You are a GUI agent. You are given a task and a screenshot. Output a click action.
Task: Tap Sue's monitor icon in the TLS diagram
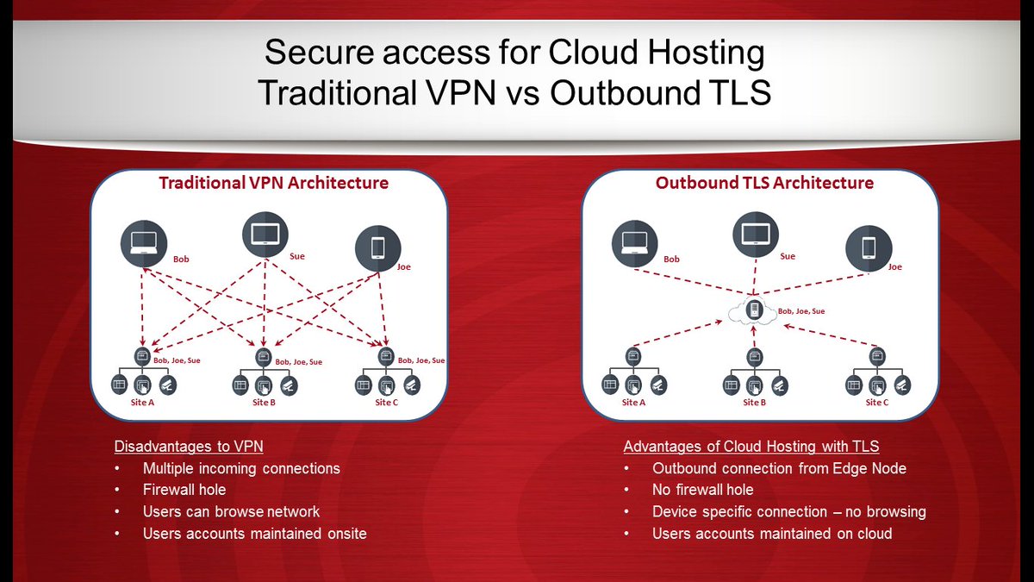click(x=756, y=233)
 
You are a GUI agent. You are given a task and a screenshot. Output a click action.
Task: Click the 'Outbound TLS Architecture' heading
click(x=764, y=183)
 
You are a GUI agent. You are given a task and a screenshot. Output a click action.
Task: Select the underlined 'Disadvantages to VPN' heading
click(x=189, y=447)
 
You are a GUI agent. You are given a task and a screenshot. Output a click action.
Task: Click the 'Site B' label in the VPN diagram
click(x=264, y=403)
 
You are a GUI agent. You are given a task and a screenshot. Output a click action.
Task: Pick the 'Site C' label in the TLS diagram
click(x=876, y=403)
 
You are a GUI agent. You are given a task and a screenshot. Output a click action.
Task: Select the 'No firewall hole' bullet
click(x=702, y=490)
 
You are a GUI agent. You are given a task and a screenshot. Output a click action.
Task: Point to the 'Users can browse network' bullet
click(x=231, y=511)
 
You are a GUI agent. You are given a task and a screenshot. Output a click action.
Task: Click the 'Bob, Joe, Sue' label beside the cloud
click(x=800, y=311)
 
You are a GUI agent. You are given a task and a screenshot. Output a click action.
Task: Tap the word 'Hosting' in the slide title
click(x=699, y=53)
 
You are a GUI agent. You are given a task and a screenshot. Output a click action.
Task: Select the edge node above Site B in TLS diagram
click(x=754, y=354)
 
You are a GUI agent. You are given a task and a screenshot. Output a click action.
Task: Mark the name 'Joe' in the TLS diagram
click(x=894, y=267)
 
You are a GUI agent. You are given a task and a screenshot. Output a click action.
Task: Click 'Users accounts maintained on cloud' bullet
click(x=771, y=534)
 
